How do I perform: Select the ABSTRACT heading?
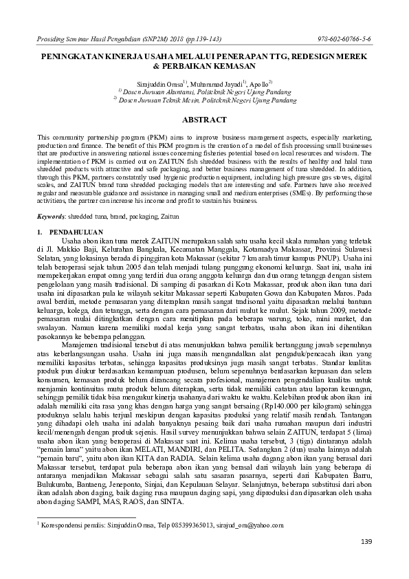204,119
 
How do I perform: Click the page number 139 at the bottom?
366,542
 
